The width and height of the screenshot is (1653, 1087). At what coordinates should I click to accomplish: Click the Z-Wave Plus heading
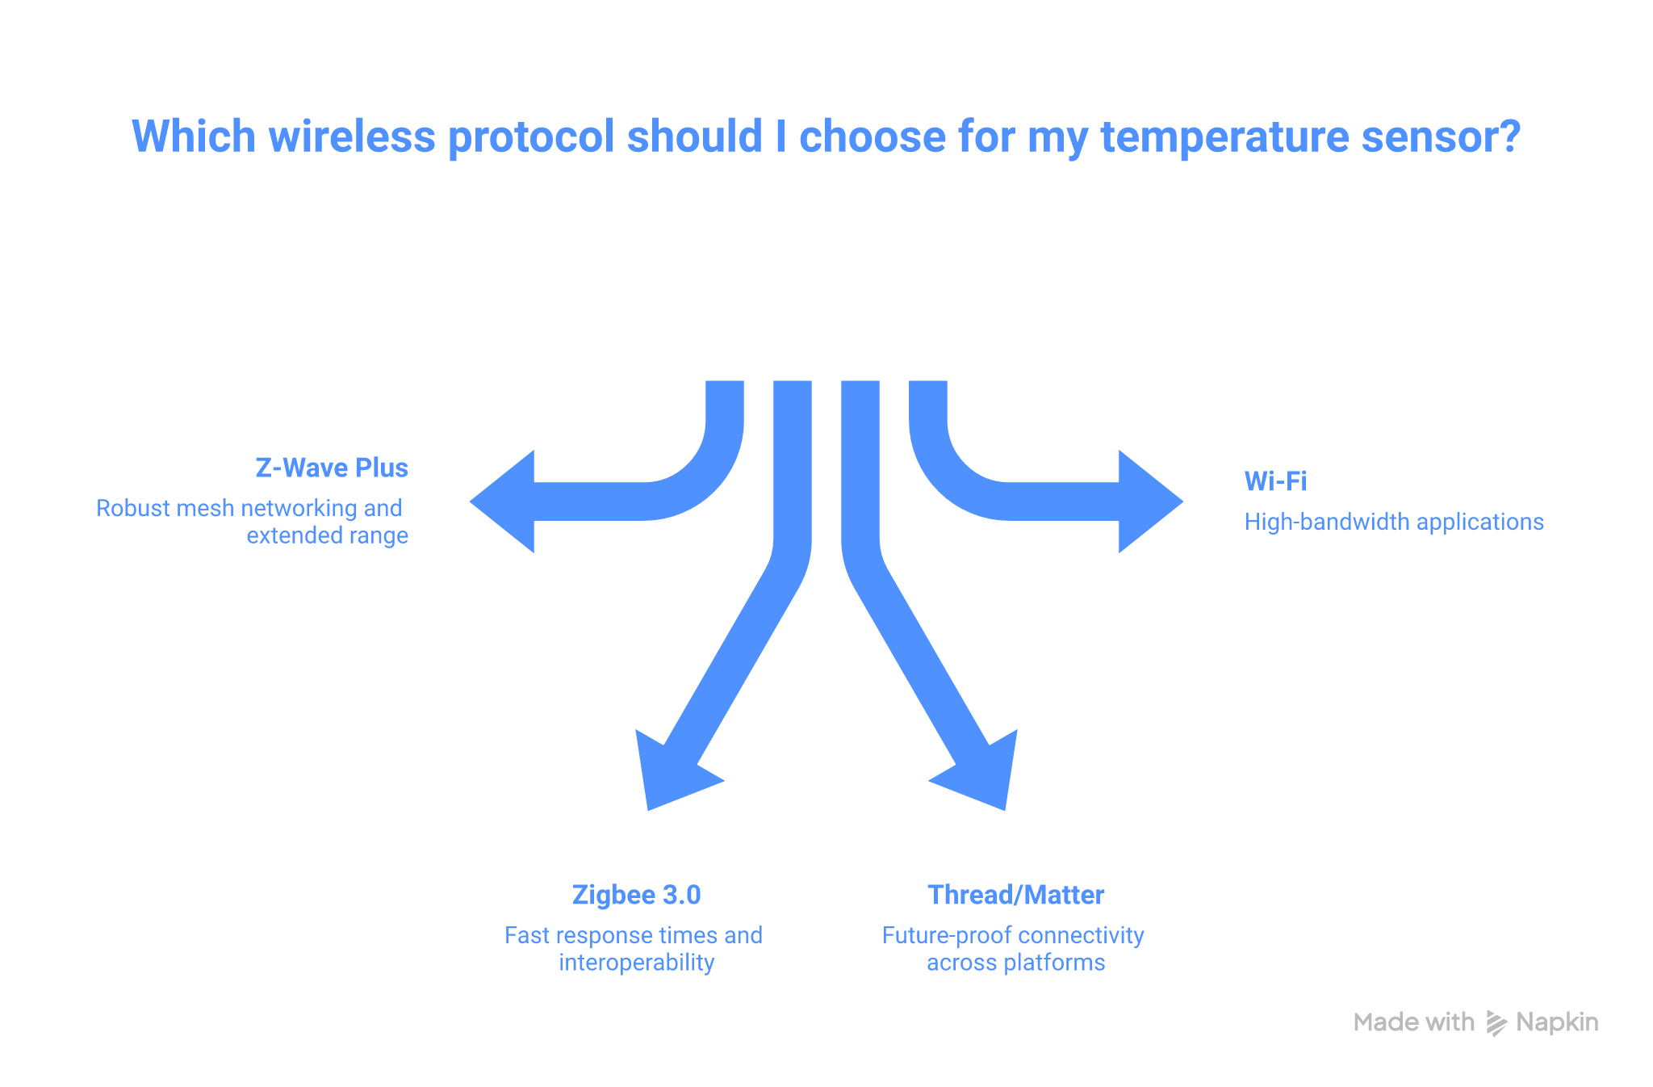331,468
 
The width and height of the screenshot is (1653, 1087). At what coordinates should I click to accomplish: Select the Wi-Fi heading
1275,481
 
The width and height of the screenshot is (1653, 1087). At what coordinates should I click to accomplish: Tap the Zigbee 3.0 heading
636,895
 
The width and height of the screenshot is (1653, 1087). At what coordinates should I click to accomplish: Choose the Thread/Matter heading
1015,895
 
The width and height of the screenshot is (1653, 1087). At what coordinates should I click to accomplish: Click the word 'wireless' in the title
352,136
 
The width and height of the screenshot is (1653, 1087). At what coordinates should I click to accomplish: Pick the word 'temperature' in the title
1224,136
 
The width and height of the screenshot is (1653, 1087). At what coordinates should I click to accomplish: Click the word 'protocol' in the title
532,136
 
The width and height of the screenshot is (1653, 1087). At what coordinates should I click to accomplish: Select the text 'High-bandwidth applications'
1394,522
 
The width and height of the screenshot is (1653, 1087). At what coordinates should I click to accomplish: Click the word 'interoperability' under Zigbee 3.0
636,963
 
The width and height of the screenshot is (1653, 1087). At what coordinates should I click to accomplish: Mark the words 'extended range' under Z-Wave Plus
327,535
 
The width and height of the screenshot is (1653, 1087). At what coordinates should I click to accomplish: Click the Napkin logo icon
1496,1023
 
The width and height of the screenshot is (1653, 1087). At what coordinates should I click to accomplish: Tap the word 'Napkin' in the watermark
1557,1022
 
